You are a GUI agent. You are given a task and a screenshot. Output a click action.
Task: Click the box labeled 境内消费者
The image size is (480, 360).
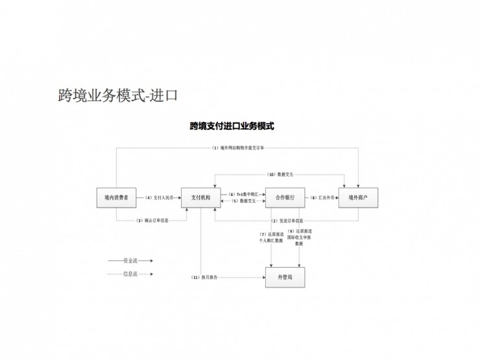pos(116,197)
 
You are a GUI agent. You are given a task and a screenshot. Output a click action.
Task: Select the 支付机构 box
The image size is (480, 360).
pos(200,197)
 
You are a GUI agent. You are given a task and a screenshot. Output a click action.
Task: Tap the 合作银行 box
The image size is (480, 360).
pos(285,197)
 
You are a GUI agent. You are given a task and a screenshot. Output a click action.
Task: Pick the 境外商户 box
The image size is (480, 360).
pos(358,197)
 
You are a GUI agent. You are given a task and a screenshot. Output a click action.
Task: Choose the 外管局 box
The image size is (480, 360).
pos(285,277)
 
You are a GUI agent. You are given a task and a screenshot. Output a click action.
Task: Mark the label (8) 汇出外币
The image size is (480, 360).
pos(322,197)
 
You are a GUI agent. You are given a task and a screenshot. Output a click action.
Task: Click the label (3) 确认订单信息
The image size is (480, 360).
pos(153,221)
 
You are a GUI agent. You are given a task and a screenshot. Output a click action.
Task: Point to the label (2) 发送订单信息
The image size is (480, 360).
pos(287,221)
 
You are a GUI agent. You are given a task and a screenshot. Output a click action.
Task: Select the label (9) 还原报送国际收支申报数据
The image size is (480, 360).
pos(299,237)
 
